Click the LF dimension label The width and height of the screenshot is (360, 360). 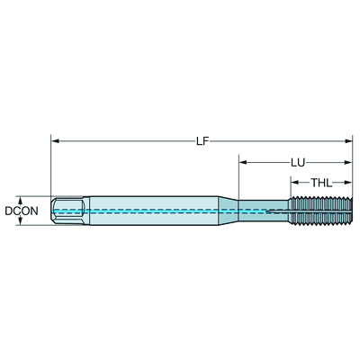pyautogui.click(x=202, y=141)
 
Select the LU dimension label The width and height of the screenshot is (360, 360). pyautogui.click(x=298, y=163)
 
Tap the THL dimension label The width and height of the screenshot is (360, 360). pyautogui.click(x=321, y=183)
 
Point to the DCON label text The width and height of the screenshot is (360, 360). pyautogui.click(x=22, y=211)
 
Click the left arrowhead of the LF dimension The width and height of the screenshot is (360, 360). pyautogui.click(x=55, y=140)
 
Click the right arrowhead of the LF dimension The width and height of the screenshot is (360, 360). pyautogui.click(x=348, y=140)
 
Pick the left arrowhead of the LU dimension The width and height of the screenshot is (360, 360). pyautogui.click(x=242, y=163)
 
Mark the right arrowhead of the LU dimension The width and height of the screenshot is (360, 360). pyautogui.click(x=348, y=163)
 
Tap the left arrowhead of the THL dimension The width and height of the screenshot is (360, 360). pyautogui.click(x=295, y=182)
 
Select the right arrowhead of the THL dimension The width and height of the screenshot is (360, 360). pyautogui.click(x=348, y=182)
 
